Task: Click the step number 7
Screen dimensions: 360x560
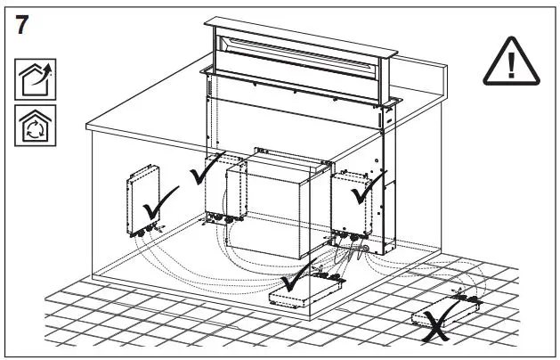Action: [24, 25]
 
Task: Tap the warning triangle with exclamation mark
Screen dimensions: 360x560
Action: [512, 63]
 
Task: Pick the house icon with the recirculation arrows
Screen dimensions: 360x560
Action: [32, 126]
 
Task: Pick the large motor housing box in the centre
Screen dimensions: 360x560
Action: [276, 209]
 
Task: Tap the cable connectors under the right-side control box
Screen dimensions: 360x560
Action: [352, 239]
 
